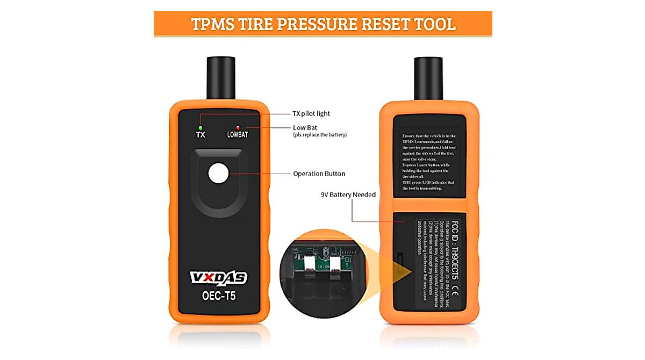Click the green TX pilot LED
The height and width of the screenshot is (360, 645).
pyautogui.click(x=200, y=127)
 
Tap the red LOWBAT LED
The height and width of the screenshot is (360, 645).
pyautogui.click(x=237, y=127)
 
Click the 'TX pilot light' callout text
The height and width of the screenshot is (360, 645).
pyautogui.click(x=312, y=114)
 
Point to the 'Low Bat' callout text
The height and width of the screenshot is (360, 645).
pyautogui.click(x=305, y=127)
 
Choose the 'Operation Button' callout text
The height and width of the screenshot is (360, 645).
pyautogui.click(x=319, y=174)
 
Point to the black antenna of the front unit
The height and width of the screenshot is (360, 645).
pyautogui.click(x=219, y=78)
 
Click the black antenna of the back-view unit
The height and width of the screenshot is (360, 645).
pyautogui.click(x=428, y=78)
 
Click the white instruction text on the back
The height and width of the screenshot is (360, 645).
pyautogui.click(x=429, y=161)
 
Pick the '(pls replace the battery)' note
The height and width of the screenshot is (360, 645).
pyautogui.click(x=320, y=135)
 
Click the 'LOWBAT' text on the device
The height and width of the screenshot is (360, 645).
pyautogui.click(x=237, y=135)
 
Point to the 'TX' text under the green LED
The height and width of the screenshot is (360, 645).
pyautogui.click(x=200, y=135)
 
